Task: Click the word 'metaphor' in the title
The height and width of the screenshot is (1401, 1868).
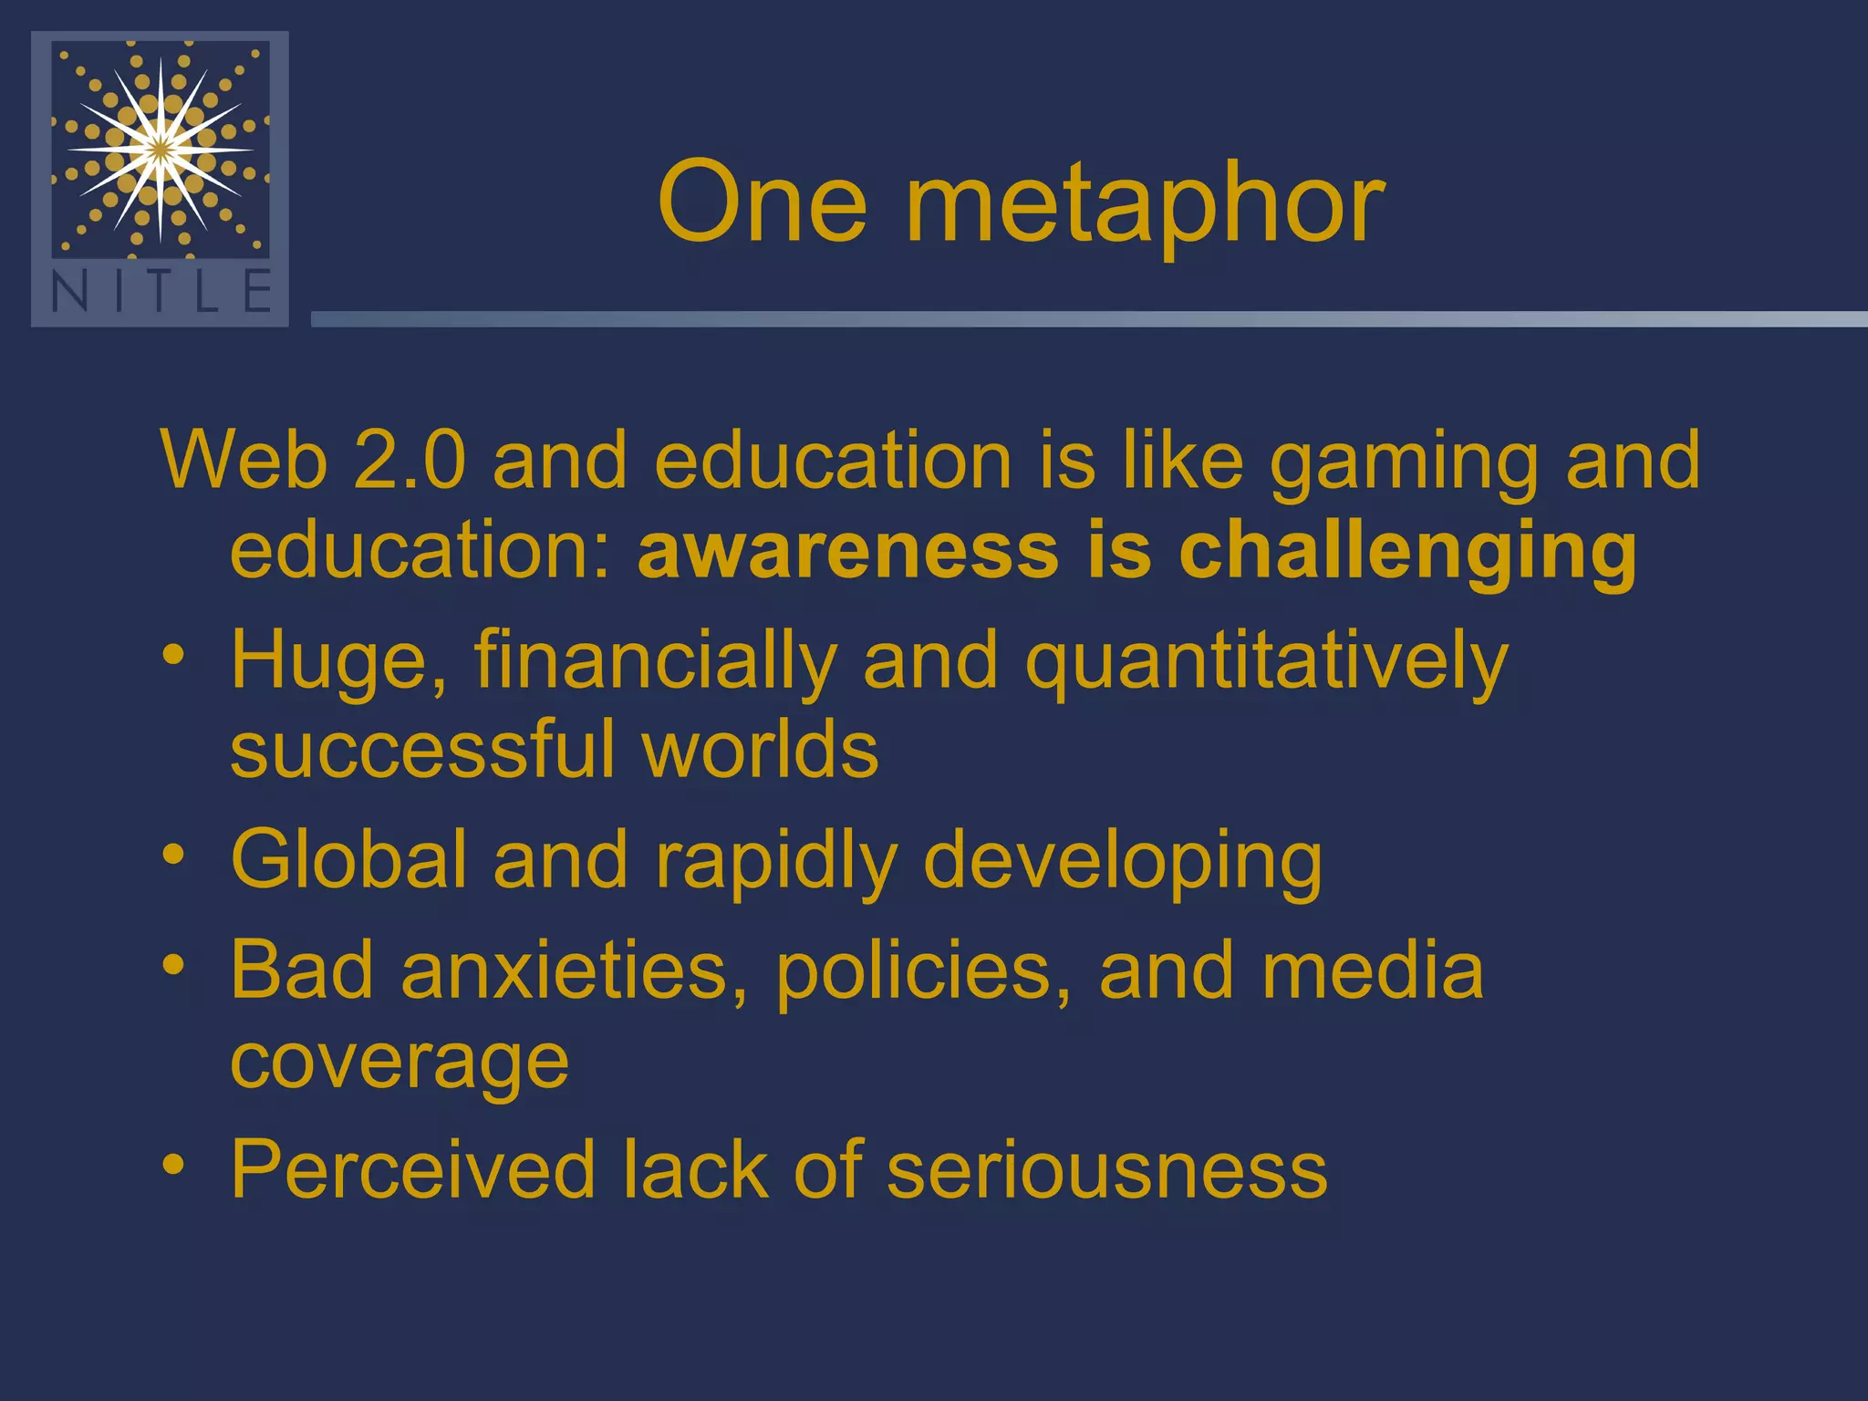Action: pyautogui.click(x=1145, y=205)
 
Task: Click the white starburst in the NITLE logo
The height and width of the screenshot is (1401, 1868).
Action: pyautogui.click(x=161, y=149)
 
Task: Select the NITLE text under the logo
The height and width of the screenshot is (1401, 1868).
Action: pyautogui.click(x=161, y=292)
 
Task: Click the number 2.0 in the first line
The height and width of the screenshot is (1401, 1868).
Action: pyautogui.click(x=409, y=461)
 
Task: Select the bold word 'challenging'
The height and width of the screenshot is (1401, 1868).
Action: pyautogui.click(x=1407, y=555)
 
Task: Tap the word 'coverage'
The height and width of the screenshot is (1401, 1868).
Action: pyautogui.click(x=400, y=1063)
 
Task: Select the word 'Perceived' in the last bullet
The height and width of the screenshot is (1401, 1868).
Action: pyautogui.click(x=412, y=1169)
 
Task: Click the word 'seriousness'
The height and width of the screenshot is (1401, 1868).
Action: pyautogui.click(x=1106, y=1169)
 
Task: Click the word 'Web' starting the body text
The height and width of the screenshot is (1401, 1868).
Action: pyautogui.click(x=244, y=461)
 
